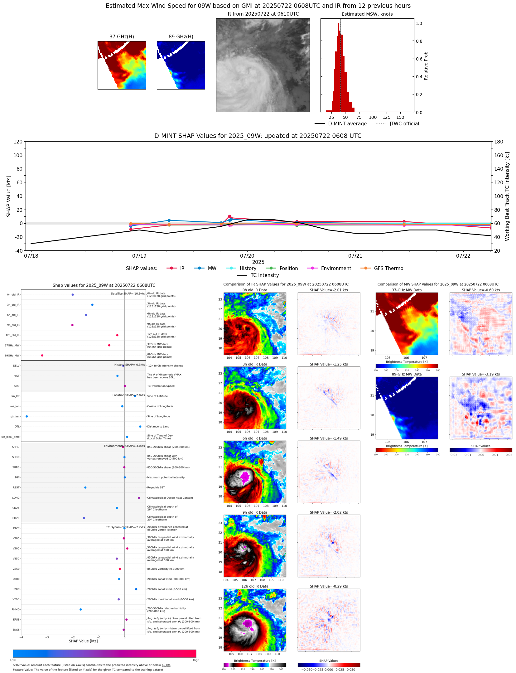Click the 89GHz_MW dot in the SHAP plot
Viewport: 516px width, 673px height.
(x=42, y=356)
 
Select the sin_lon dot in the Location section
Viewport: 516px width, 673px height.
(x=27, y=416)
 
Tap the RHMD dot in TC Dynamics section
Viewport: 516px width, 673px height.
(x=80, y=609)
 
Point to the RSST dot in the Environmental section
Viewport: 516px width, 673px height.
(x=85, y=487)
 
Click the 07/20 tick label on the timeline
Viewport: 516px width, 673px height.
(x=247, y=256)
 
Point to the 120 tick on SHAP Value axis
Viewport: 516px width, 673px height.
(x=18, y=142)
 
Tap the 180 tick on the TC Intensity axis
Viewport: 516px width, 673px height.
(x=499, y=142)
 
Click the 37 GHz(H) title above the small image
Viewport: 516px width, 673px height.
(x=122, y=37)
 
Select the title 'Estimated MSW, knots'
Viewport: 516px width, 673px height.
(x=367, y=14)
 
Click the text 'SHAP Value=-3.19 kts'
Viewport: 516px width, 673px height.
(x=480, y=374)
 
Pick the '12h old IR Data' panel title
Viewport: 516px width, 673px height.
(x=255, y=586)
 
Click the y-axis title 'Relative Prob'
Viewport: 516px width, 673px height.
(x=426, y=66)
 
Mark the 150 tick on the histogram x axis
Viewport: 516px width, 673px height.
(x=400, y=118)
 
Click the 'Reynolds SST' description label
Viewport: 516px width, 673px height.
(x=156, y=487)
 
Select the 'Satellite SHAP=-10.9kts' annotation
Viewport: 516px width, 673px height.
(x=128, y=293)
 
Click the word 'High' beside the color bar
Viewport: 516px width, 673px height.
(x=196, y=660)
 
